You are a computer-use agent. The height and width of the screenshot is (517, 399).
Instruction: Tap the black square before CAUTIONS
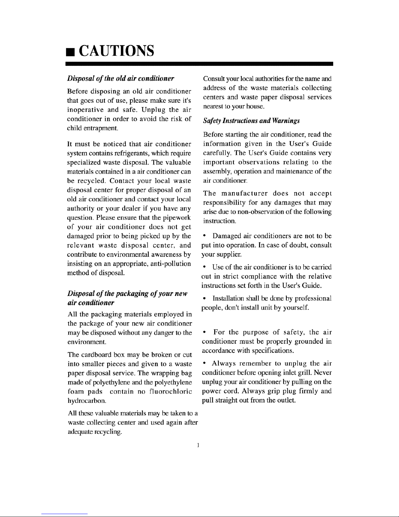click(x=69, y=52)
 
